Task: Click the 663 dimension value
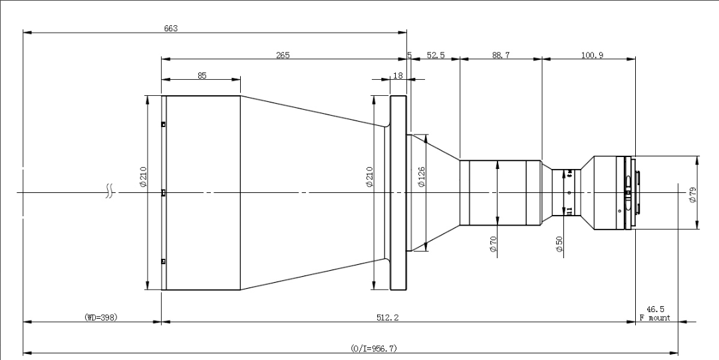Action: [171, 28]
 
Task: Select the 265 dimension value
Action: [283, 55]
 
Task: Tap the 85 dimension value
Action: [202, 76]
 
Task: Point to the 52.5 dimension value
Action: [436, 56]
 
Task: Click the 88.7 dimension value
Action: [501, 56]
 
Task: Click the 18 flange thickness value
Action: [398, 76]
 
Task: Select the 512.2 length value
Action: [387, 318]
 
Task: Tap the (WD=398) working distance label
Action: [101, 317]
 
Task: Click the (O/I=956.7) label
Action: [374, 348]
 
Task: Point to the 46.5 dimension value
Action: [655, 309]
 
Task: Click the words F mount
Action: [654, 318]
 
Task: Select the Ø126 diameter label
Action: [421, 177]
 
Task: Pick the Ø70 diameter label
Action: [494, 246]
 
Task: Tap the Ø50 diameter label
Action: [559, 246]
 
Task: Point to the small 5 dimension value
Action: [409, 56]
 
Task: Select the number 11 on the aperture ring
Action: [569, 211]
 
